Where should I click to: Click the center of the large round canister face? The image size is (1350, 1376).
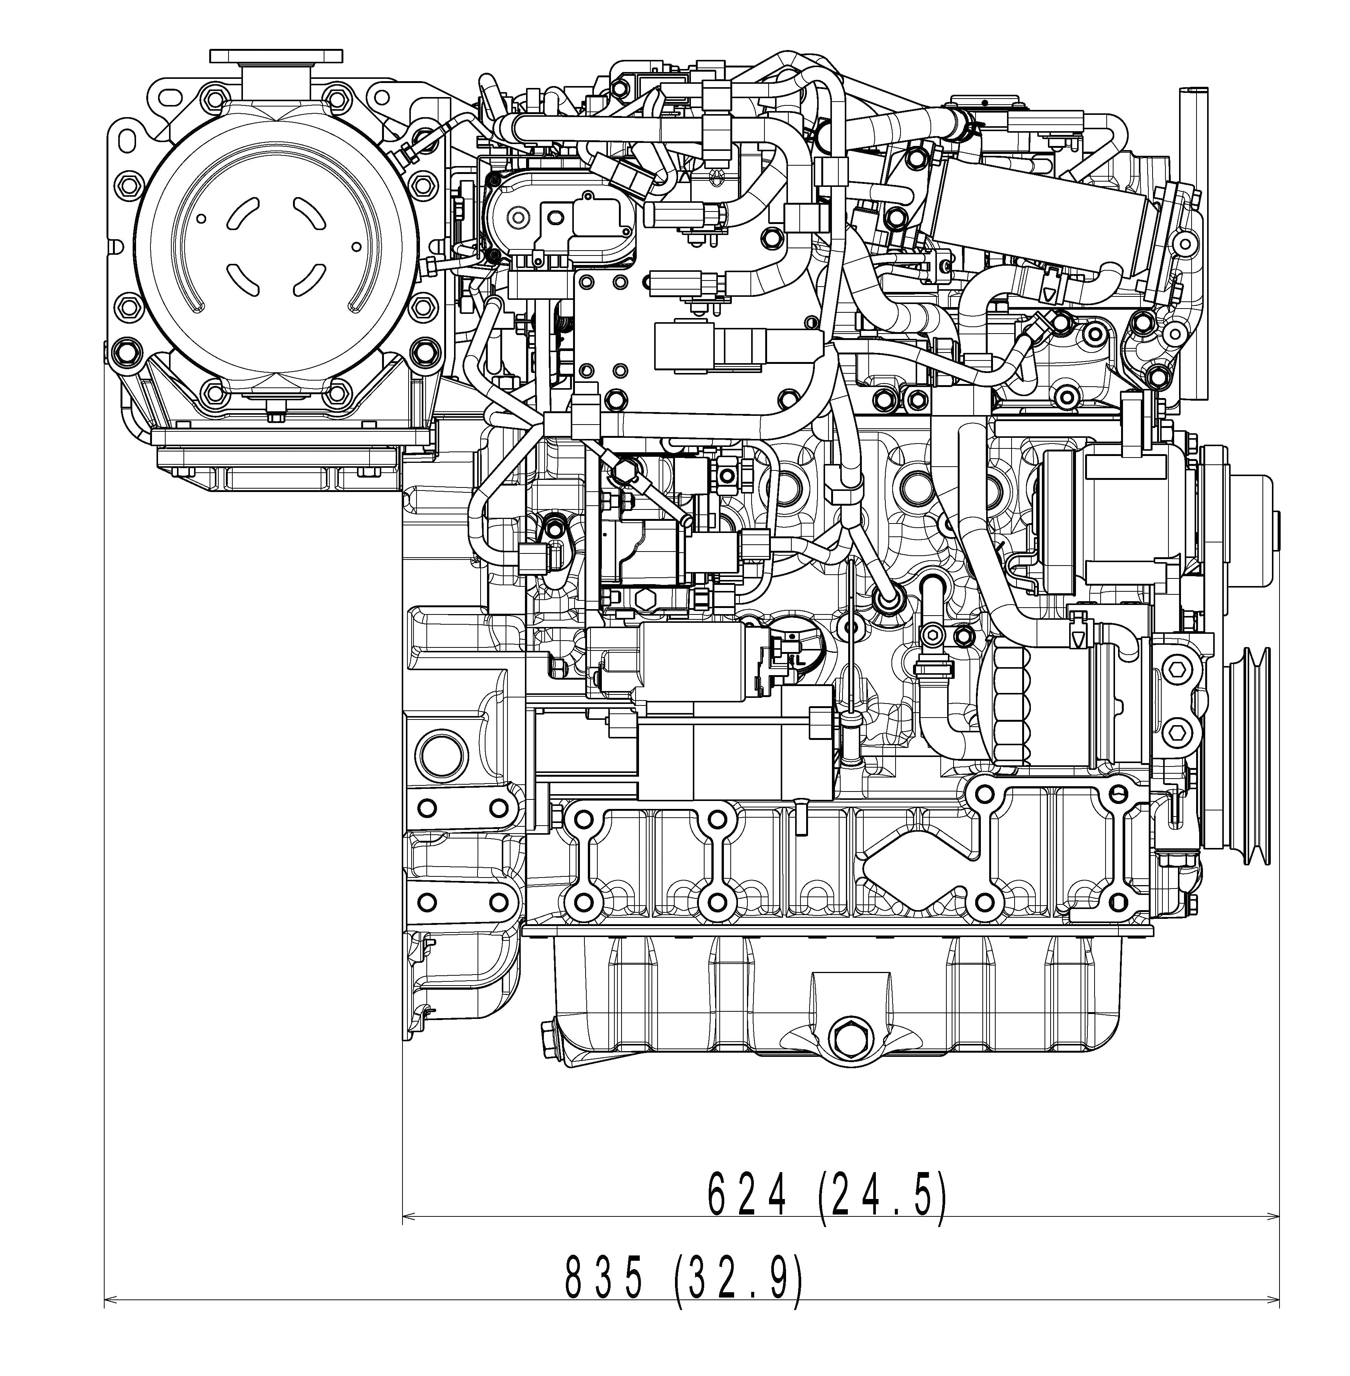click(275, 248)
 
